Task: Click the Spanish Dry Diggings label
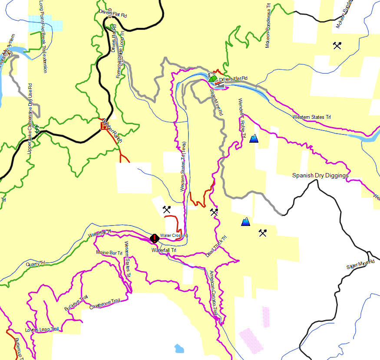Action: [x=321, y=176]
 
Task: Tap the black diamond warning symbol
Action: [x=154, y=238]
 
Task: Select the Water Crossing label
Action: [x=174, y=236]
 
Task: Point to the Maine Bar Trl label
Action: [x=109, y=252]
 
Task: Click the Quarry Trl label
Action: [x=36, y=263]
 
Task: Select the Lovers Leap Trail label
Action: [x=43, y=329]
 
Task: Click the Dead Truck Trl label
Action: [x=217, y=248]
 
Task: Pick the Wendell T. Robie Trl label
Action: [x=242, y=118]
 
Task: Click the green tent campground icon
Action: [x=211, y=79]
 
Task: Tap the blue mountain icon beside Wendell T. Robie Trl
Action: [x=254, y=138]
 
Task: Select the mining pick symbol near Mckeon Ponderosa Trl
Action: [x=337, y=45]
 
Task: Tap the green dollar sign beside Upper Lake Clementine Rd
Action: [x=37, y=129]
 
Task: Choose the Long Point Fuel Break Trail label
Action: [x=43, y=37]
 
